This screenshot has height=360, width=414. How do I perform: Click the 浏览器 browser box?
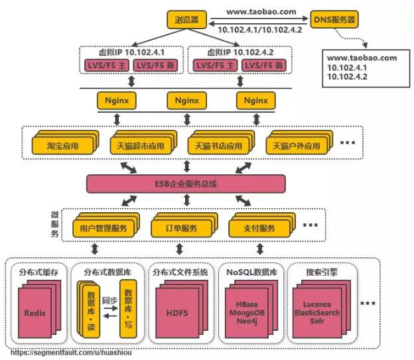[186, 19]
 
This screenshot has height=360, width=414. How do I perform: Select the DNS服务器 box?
[334, 19]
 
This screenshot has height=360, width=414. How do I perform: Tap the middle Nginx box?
[186, 101]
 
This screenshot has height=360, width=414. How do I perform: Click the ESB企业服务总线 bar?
[186, 184]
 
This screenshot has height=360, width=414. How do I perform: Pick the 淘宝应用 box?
[62, 146]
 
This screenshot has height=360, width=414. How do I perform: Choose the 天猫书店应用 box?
[218, 146]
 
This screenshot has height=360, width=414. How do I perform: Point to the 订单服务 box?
[181, 228]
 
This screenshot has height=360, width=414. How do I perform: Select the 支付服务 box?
[259, 228]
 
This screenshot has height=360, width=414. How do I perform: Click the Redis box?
[34, 313]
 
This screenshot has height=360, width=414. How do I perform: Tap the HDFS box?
[177, 313]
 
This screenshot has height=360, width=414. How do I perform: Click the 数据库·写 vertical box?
[128, 309]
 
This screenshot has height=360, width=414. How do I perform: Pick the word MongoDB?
[247, 313]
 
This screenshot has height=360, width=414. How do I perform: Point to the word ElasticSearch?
[317, 313]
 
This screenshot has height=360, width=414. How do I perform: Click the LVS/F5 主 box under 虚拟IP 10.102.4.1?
[107, 65]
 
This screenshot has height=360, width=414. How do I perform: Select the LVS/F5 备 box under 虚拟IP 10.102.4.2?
[264, 65]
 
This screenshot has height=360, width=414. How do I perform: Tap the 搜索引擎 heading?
[322, 272]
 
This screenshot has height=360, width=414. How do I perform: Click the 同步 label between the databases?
[109, 300]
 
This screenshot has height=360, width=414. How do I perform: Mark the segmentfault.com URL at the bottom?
[71, 353]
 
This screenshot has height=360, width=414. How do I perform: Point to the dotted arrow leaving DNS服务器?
[351, 38]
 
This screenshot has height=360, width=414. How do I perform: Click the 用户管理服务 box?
[103, 228]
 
